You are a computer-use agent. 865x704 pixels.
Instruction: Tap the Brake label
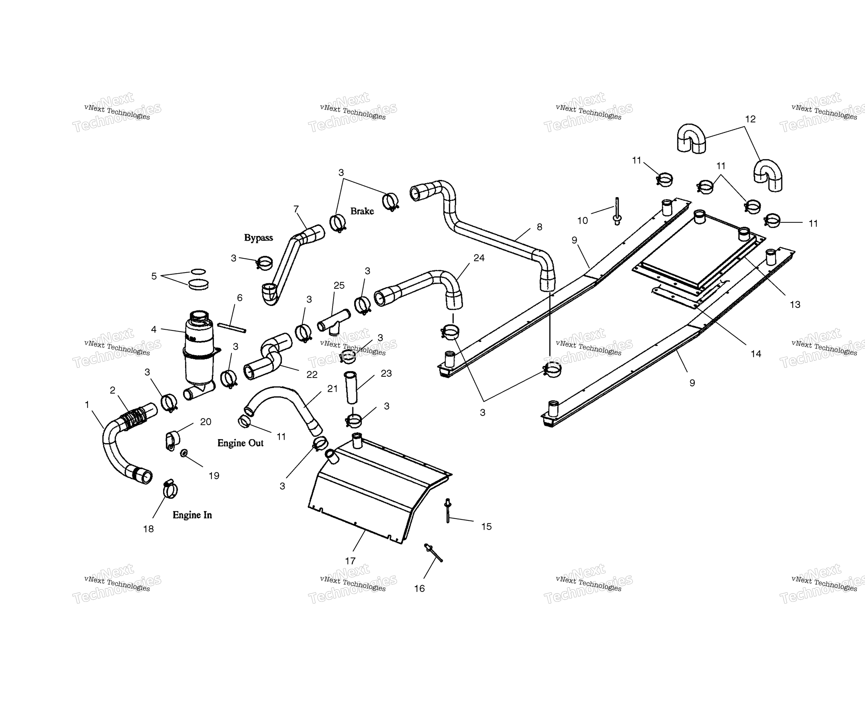(362, 211)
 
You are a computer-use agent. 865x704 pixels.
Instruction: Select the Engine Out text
(240, 443)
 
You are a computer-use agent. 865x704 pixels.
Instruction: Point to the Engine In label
(192, 515)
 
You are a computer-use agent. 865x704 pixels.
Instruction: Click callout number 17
(350, 561)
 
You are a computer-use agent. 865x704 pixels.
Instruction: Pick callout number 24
(479, 258)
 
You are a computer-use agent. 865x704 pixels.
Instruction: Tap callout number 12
(750, 119)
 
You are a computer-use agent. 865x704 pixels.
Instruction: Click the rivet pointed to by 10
(617, 211)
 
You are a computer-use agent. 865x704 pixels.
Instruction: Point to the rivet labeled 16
(433, 553)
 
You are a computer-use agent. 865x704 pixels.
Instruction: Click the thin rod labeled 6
(232, 328)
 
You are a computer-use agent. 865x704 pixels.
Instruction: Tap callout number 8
(539, 227)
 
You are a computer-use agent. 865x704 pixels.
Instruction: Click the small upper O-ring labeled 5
(198, 271)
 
